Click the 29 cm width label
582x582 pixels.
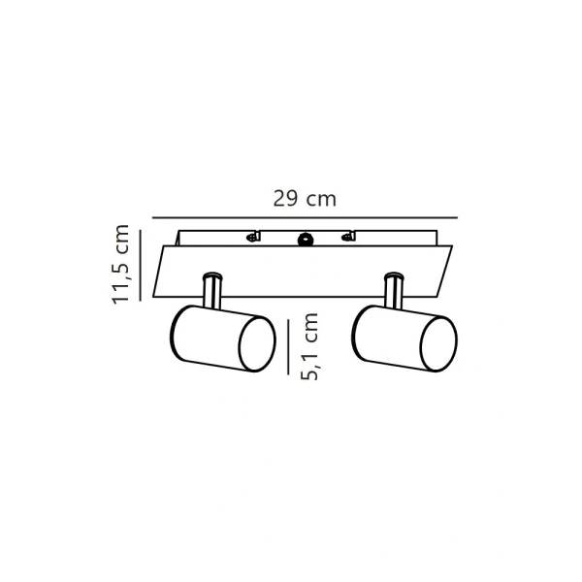pos(305,199)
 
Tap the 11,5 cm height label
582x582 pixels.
pos(120,264)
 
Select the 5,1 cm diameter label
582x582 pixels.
pos(309,346)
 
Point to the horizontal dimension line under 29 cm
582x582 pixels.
pos(306,218)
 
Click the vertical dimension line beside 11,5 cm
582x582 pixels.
pos(141,265)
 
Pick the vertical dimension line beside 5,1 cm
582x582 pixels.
pos(288,346)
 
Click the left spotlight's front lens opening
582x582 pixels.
pos(257,344)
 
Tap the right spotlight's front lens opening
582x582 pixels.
pos(438,344)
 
